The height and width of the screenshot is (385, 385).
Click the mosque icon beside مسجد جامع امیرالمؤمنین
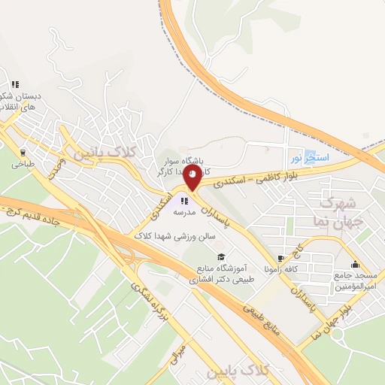coord(354,264)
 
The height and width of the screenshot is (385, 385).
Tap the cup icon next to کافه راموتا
coord(282,257)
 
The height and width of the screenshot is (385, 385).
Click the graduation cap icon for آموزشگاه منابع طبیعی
coord(220,258)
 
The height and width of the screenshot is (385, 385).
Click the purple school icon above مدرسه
coord(184,201)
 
